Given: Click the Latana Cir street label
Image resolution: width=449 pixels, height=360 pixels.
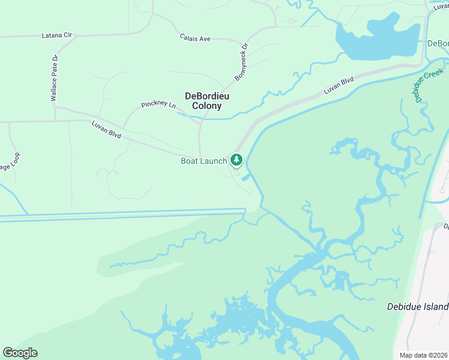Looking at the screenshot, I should pos(56,35).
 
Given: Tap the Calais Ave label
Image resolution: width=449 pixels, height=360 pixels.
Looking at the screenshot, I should pos(195,38).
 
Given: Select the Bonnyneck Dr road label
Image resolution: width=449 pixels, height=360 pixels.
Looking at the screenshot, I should pos(241,62).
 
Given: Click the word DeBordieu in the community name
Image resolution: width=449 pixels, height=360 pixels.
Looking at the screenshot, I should pos(207,95).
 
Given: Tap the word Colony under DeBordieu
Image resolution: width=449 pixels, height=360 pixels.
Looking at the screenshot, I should pos(207,106).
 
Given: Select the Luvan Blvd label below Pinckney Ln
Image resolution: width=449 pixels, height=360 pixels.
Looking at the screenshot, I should pos(106,130).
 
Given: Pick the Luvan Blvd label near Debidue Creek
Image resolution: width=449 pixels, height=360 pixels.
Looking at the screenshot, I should pos(339,86).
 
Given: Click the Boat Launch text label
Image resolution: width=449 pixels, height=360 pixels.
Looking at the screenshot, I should pos(204,161).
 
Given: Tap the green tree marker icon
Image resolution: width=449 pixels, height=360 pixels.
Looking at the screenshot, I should pos(237,160).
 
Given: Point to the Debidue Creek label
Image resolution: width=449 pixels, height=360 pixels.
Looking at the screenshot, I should pos(428,86).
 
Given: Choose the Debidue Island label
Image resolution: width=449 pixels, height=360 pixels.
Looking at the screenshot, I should pos(417,307).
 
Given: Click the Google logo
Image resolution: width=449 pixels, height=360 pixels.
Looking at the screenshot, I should pos(20,353).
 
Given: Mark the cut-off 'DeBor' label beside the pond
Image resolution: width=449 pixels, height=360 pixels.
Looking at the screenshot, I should pos(438,44).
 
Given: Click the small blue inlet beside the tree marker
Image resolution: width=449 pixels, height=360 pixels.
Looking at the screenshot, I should pos(246,178).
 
